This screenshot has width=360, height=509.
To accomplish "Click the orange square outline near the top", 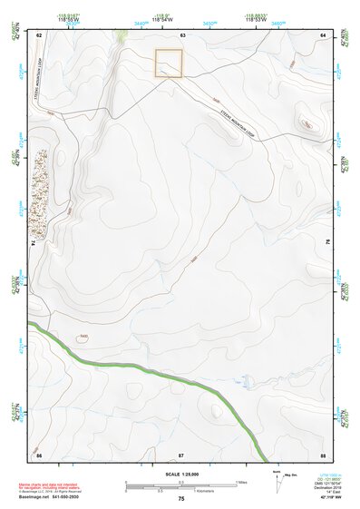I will click(169, 64).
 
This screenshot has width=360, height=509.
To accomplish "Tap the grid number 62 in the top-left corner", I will click(39, 34).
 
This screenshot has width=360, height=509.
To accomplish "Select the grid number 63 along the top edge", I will click(182, 34).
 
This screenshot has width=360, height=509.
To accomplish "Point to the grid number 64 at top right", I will click(322, 34).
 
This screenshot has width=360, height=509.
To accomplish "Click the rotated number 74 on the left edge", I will click(36, 243).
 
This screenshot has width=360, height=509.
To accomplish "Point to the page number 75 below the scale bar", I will click(181, 499).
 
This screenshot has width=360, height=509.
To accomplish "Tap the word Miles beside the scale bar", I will click(242, 482).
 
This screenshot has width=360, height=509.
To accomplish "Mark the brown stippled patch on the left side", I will click(41, 187).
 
